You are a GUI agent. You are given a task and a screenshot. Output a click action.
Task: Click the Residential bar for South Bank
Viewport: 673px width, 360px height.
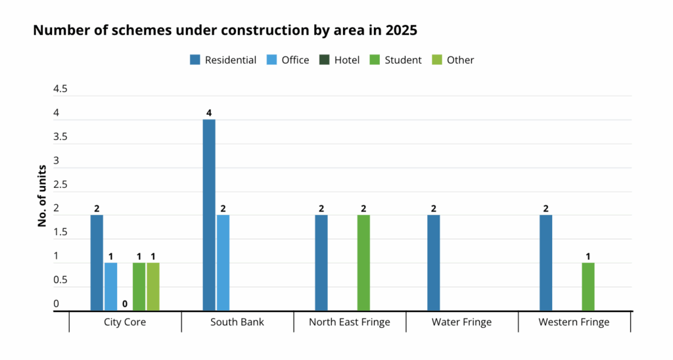pyautogui.click(x=209, y=215)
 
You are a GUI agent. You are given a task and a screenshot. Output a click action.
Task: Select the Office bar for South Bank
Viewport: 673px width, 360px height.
pyautogui.click(x=223, y=263)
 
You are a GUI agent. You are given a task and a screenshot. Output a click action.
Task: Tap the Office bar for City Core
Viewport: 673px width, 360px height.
pyautogui.click(x=110, y=286)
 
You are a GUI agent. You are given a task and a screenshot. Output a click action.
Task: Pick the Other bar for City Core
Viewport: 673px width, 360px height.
pyautogui.click(x=152, y=286)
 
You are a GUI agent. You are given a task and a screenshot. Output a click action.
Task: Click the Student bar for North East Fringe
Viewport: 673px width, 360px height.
pyautogui.click(x=363, y=263)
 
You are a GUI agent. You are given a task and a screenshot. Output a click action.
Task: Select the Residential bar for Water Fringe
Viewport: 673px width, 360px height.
pyautogui.click(x=434, y=263)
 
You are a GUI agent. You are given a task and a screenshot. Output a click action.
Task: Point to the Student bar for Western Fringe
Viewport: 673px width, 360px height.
pyautogui.click(x=588, y=286)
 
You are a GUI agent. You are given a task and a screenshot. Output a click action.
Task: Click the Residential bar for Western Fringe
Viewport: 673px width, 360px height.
pyautogui.click(x=545, y=263)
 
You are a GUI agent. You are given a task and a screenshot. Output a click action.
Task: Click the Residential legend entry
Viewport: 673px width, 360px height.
pyautogui.click(x=223, y=60)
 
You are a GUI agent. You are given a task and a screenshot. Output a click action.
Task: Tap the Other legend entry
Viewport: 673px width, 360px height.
pyautogui.click(x=453, y=60)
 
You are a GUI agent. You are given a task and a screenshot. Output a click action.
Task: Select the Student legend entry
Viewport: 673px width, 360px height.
pyautogui.click(x=396, y=60)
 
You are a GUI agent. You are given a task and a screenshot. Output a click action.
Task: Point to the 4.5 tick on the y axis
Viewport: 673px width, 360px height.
pyautogui.click(x=60, y=89)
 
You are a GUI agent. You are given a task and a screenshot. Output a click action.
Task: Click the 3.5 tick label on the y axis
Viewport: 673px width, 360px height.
pyautogui.click(x=60, y=137)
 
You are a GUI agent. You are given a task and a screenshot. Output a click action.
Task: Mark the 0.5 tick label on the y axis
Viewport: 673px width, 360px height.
pyautogui.click(x=60, y=281)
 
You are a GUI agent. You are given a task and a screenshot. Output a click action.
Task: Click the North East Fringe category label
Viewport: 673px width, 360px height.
pyautogui.click(x=350, y=323)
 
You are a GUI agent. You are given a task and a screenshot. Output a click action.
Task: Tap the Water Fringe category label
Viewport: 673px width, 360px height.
pyautogui.click(x=461, y=323)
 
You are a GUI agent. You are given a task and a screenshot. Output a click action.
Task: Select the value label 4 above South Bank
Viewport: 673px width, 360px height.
pyautogui.click(x=209, y=113)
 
